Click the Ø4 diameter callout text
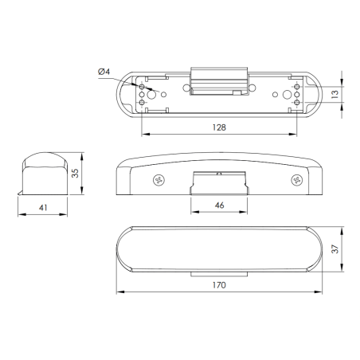[x=104, y=73]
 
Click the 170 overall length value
[x=220, y=284]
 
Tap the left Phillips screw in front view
[x=158, y=181]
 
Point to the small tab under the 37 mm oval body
[x=220, y=274]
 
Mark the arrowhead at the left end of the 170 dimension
[x=120, y=291]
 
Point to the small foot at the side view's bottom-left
[x=19, y=194]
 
